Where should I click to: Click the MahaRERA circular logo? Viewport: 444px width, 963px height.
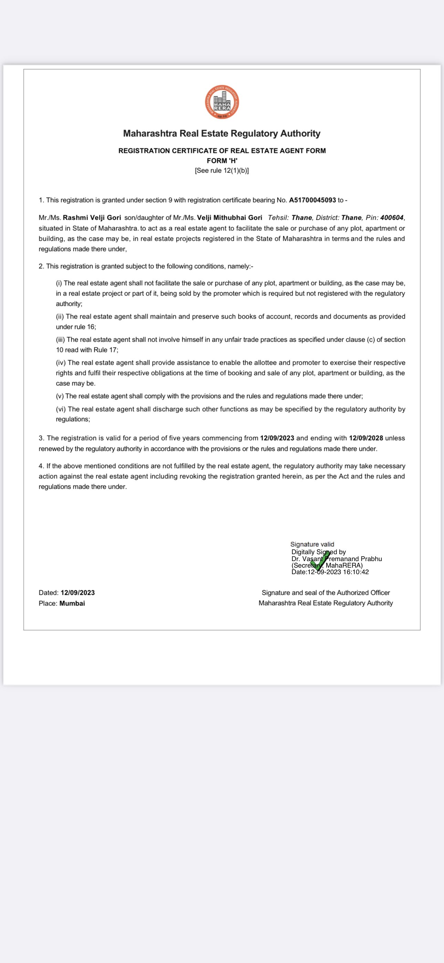[x=222, y=102]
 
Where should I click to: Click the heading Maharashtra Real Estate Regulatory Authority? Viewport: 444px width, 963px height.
[x=222, y=133]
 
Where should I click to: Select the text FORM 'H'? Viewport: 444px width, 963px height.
[x=222, y=161]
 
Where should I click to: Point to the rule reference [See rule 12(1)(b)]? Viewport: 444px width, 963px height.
[x=222, y=170]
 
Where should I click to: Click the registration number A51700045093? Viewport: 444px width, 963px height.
[x=312, y=200]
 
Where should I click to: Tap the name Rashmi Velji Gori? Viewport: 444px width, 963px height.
[x=92, y=218]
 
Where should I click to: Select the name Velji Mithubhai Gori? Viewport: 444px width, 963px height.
[x=230, y=218]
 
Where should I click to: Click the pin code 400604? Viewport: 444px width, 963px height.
[x=392, y=218]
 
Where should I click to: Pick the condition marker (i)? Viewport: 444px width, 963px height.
[x=59, y=283]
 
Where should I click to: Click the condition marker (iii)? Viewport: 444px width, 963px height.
[x=60, y=340]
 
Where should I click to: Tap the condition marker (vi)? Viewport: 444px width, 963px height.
[x=61, y=409]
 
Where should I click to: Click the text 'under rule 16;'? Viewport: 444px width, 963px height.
[x=76, y=327]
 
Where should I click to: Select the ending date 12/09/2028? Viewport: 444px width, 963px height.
[x=366, y=438]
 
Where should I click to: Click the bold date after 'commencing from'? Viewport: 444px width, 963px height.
[x=277, y=438]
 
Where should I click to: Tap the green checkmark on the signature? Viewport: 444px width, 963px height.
[x=320, y=561]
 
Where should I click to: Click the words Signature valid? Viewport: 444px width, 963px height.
[x=312, y=544]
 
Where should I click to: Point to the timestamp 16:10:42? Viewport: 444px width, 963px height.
[x=356, y=572]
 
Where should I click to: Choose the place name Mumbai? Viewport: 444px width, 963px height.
[x=72, y=603]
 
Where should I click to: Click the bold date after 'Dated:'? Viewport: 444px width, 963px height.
[x=78, y=592]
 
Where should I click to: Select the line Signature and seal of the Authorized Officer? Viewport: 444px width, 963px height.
[x=326, y=592]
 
